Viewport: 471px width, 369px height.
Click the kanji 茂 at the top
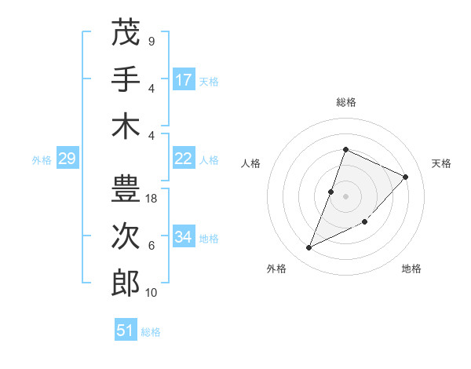point(126,34)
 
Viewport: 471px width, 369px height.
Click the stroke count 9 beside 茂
point(152,42)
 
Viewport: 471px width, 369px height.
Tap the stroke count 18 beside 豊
point(152,199)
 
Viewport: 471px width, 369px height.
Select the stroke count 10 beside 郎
point(152,292)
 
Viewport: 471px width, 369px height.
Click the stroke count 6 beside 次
point(152,246)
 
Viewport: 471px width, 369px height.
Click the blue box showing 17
point(184,80)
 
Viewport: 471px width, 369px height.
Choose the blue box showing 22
point(184,159)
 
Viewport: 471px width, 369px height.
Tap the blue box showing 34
point(184,237)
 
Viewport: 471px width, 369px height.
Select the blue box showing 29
point(67,159)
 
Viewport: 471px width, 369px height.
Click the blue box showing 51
point(126,331)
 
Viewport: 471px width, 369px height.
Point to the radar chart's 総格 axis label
point(346,103)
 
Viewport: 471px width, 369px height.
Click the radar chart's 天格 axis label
point(441,163)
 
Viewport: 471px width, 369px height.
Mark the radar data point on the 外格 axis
point(309,248)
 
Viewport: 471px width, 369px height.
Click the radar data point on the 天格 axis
point(406,177)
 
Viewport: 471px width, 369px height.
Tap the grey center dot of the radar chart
point(346,196)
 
